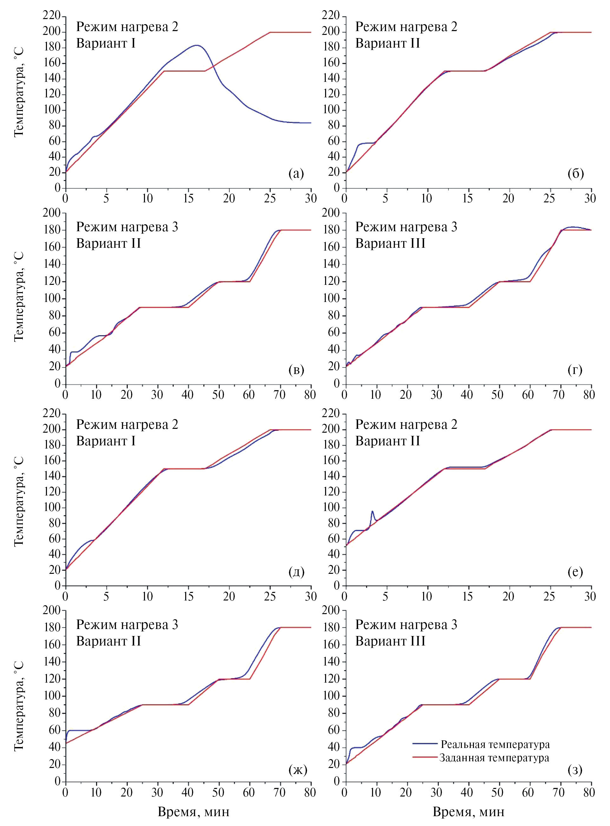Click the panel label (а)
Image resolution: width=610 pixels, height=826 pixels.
point(296,173)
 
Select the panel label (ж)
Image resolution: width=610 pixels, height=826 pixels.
point(297,770)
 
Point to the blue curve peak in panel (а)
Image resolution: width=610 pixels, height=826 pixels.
point(196,45)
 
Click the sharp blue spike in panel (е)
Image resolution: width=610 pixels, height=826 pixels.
point(372,511)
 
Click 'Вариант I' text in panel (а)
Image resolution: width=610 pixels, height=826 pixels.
point(106,43)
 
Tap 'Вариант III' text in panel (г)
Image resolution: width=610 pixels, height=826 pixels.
point(390,243)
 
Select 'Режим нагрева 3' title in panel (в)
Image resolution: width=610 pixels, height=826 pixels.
point(127,227)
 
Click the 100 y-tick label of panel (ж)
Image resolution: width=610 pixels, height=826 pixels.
point(52,696)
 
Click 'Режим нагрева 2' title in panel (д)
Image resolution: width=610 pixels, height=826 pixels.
point(127,425)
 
